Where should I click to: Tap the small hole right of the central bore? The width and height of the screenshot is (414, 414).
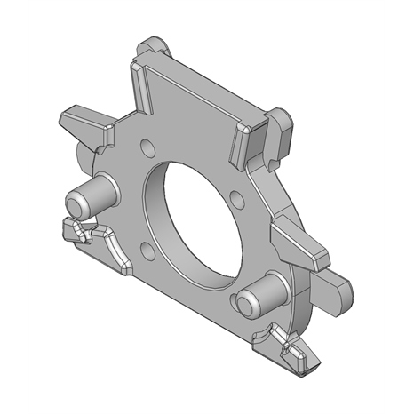coord(235,197)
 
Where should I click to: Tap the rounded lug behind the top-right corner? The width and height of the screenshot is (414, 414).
coord(282,129)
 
